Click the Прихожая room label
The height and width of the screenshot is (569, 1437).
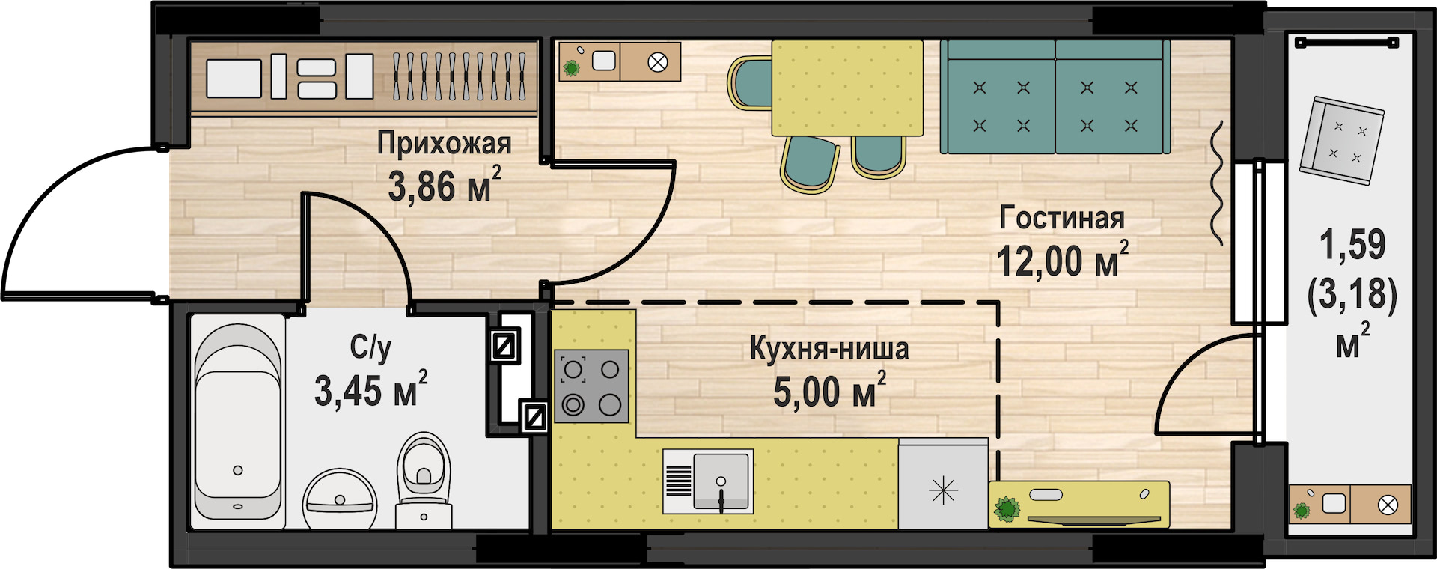(444, 143)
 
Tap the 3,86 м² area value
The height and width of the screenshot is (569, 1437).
(444, 185)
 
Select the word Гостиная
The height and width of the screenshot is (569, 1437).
(1062, 218)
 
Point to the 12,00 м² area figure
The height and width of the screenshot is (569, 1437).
(1062, 259)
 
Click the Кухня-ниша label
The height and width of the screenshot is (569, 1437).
(829, 349)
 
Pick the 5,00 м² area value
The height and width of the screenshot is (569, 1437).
(829, 390)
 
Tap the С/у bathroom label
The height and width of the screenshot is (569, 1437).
(370, 348)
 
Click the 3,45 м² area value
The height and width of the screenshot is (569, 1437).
(370, 389)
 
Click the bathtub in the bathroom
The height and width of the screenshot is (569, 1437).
(238, 422)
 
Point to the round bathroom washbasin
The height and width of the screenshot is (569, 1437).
(341, 499)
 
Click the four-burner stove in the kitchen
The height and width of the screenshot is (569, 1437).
(591, 386)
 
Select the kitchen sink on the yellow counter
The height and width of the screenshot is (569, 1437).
(708, 481)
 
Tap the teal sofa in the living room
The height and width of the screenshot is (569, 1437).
(1055, 96)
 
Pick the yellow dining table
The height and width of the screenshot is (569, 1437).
(847, 88)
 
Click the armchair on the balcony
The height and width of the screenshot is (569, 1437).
(1341, 141)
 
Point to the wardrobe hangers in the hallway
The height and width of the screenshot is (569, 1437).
(459, 76)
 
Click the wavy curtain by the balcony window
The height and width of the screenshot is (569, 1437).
(1217, 183)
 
